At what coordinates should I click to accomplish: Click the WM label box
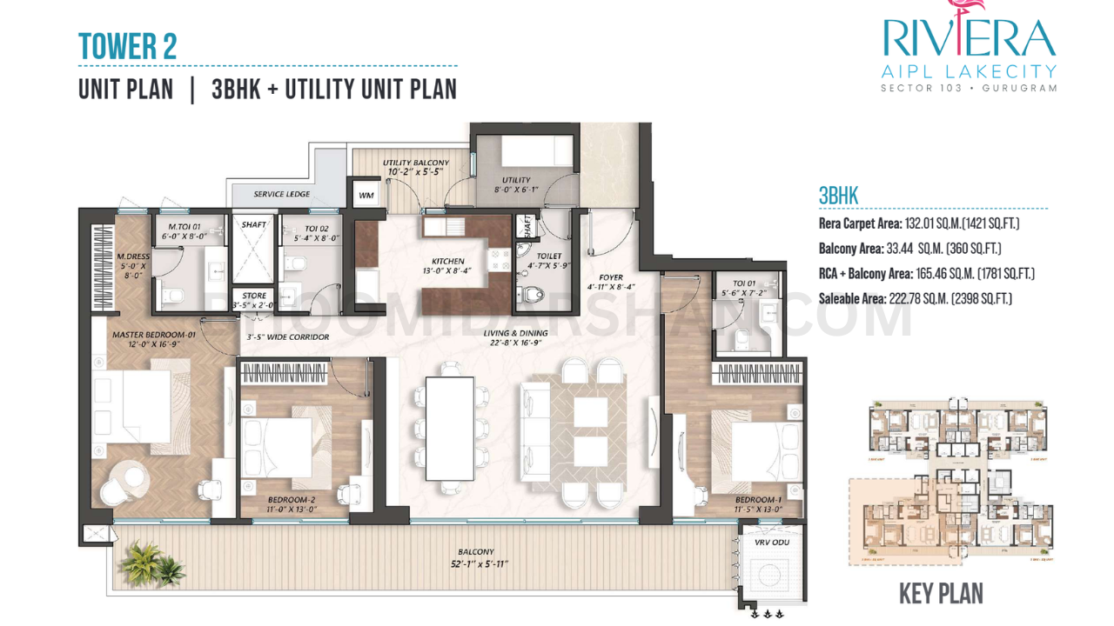[x=366, y=196]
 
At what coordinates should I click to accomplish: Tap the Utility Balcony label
[x=416, y=163]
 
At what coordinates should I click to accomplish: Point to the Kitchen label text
[x=448, y=261]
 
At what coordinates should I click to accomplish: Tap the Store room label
[x=254, y=296]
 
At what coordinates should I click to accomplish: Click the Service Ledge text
[x=281, y=194]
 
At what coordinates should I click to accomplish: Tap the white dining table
[x=449, y=429]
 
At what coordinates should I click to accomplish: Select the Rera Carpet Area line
[x=918, y=224]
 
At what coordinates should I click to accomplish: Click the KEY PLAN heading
[x=940, y=595]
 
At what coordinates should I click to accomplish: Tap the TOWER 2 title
[x=127, y=46]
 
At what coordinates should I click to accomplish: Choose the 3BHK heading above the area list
[x=838, y=196]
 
